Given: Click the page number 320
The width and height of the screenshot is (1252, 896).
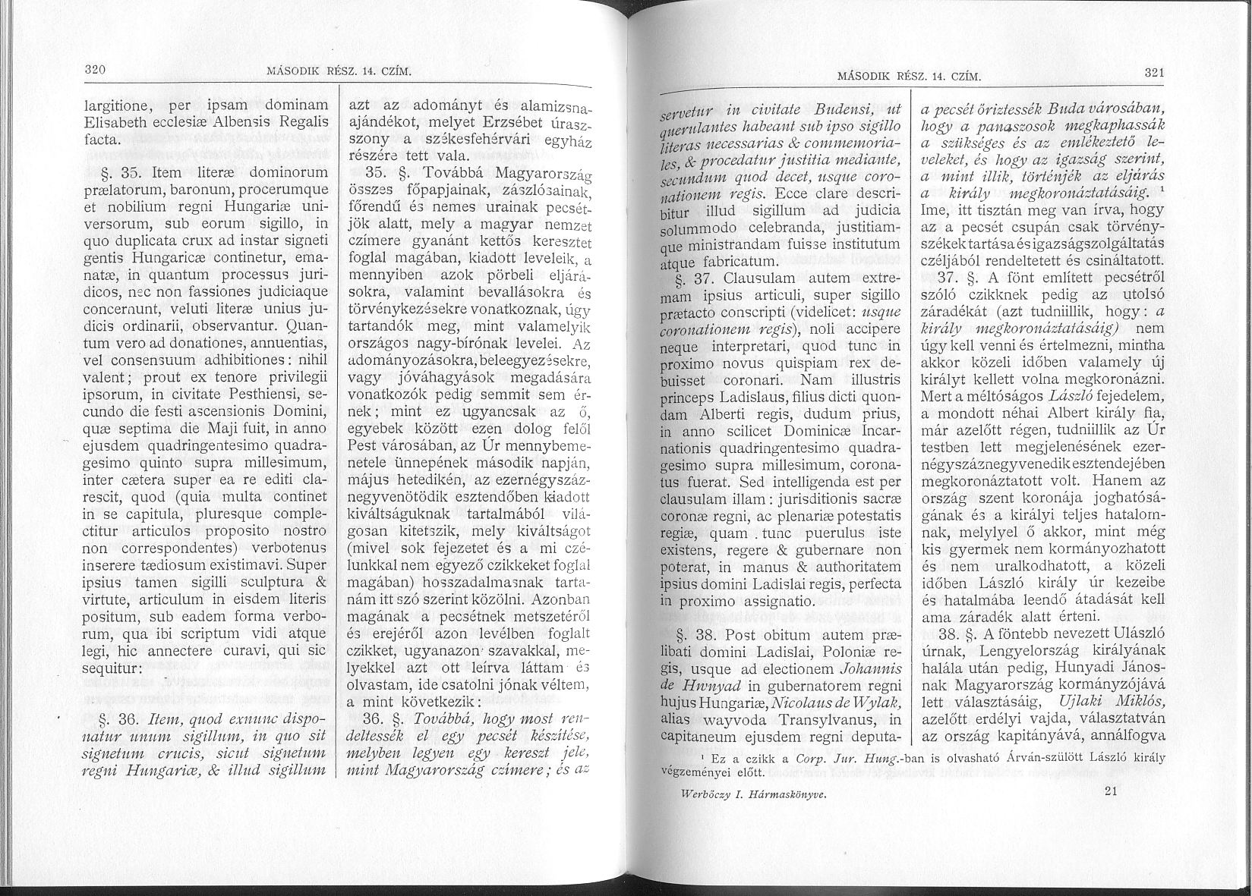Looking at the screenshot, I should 94,69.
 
